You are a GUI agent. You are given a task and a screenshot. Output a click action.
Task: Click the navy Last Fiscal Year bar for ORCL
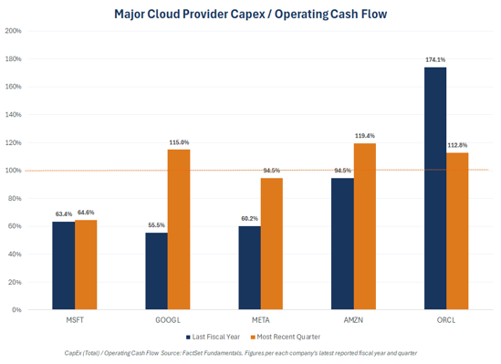tap(435, 188)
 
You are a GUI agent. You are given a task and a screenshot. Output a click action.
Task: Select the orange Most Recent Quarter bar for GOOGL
tap(179, 229)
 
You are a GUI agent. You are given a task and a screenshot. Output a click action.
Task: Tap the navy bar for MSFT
tap(64, 265)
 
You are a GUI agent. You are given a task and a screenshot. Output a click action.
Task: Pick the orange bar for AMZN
tap(365, 226)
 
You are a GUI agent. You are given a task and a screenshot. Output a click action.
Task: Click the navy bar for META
tap(249, 267)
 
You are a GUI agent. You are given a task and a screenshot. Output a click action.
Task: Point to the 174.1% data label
tap(435, 59)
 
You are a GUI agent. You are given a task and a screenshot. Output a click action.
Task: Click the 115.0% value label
tap(179, 142)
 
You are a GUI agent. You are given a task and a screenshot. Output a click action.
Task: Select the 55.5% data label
tap(157, 225)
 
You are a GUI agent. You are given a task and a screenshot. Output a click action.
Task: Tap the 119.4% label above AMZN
tap(365, 136)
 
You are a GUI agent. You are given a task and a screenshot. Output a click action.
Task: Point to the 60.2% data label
tap(249, 218)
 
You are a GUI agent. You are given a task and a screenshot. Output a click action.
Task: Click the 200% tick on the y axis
tap(13, 31)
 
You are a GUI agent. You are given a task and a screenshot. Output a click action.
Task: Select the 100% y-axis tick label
tap(13, 171)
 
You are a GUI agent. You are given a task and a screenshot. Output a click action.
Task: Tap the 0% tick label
tap(16, 310)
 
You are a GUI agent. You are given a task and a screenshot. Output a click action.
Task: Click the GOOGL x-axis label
tap(168, 320)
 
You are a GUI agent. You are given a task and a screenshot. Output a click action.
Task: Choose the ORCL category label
tap(446, 320)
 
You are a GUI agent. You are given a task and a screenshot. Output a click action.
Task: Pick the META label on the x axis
tap(261, 320)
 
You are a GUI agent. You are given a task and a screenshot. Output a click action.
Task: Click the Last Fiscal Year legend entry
tap(213, 337)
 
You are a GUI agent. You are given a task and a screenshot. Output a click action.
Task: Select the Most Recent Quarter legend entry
tap(286, 337)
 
